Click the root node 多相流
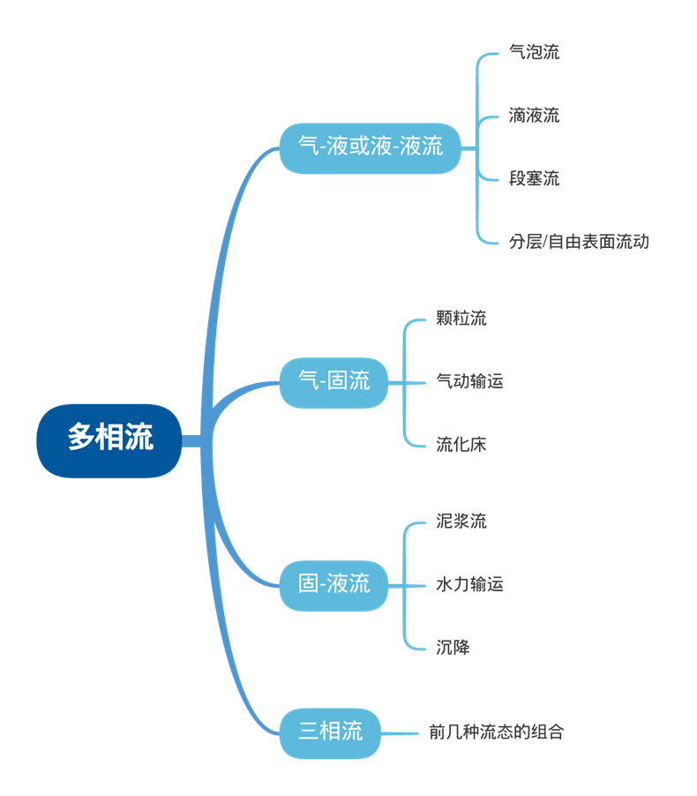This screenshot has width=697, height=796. point(109,439)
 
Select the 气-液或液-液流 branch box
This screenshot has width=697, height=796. point(371,147)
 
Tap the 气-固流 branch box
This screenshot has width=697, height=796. point(334,382)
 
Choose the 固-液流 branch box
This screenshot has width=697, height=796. point(334,584)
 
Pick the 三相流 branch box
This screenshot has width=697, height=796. point(331,732)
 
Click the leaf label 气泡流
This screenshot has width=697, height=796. point(534,53)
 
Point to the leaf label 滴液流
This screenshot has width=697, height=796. point(534,116)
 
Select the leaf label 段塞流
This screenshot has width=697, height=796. point(534,179)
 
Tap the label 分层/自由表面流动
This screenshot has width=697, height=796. point(579,242)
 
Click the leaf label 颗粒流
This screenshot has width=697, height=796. point(461,319)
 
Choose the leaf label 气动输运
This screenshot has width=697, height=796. point(469,382)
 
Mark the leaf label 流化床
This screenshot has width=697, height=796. point(461,445)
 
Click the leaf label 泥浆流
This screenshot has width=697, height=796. point(461,522)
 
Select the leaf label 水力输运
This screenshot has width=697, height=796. point(469,584)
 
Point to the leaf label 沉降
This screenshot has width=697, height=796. point(453,648)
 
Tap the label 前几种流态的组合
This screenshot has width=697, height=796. point(496,732)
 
